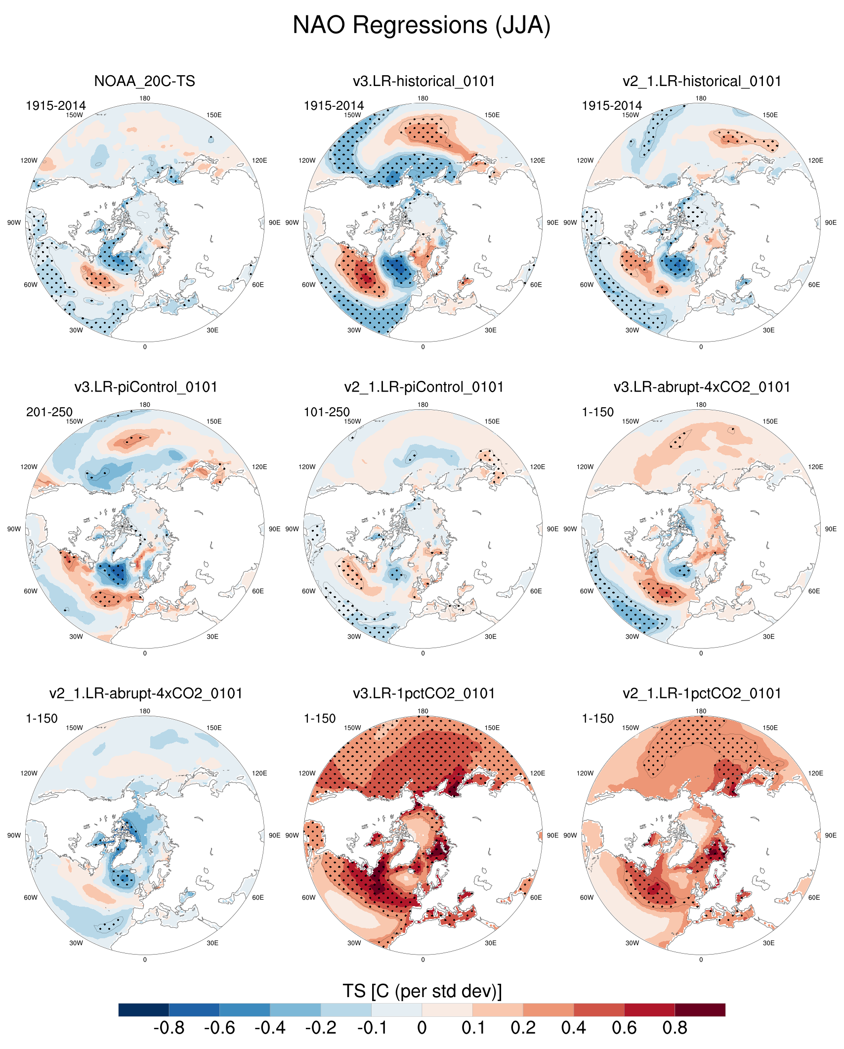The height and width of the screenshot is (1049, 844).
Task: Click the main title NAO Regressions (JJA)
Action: click(x=422, y=25)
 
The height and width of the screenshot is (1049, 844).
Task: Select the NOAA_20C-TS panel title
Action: click(x=144, y=81)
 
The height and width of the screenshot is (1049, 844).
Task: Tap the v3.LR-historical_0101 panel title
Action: click(x=423, y=81)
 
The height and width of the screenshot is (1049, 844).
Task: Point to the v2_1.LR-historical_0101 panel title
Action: click(x=702, y=81)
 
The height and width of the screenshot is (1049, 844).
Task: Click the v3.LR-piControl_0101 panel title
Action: click(x=146, y=387)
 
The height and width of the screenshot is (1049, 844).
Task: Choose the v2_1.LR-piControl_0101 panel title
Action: click(x=423, y=387)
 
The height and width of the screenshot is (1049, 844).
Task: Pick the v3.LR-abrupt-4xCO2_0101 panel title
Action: click(x=702, y=387)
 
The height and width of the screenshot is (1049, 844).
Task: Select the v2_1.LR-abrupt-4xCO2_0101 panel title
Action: click(x=146, y=694)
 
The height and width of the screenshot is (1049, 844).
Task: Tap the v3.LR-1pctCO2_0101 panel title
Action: click(x=423, y=694)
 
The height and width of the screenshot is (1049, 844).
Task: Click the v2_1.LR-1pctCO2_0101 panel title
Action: click(x=702, y=694)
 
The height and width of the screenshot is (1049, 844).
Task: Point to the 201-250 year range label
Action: click(x=49, y=412)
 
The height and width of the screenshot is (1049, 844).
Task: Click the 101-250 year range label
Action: click(x=327, y=412)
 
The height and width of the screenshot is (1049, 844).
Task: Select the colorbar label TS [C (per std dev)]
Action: click(x=422, y=991)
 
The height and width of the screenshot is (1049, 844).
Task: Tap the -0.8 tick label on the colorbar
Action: click(x=169, y=1028)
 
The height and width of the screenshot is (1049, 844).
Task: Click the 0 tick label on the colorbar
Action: click(x=422, y=1028)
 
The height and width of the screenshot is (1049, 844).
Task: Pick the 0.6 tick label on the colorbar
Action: click(x=624, y=1028)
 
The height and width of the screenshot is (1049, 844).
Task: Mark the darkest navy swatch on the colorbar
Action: click(x=144, y=1010)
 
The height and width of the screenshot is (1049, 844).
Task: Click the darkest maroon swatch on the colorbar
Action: click(x=700, y=1010)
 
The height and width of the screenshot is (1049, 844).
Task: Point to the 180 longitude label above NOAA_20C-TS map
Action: click(x=145, y=98)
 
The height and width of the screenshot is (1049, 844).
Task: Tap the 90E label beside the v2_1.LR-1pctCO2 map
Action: click(x=831, y=835)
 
